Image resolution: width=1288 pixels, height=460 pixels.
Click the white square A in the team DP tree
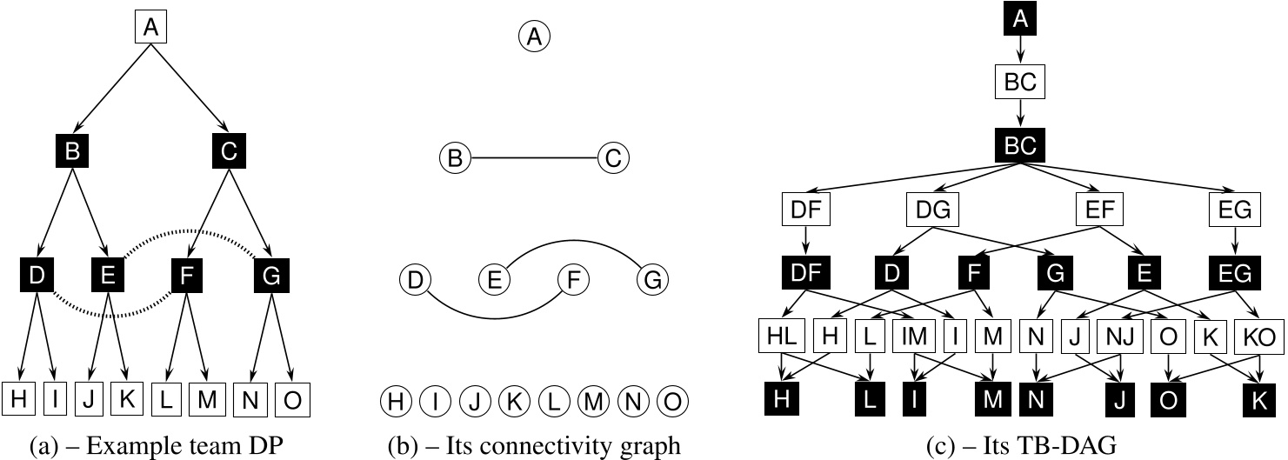[150, 29]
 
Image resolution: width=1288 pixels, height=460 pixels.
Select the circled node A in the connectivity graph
[535, 37]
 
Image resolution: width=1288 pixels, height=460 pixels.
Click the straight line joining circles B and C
[533, 158]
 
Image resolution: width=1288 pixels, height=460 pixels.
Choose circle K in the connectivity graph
[513, 402]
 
